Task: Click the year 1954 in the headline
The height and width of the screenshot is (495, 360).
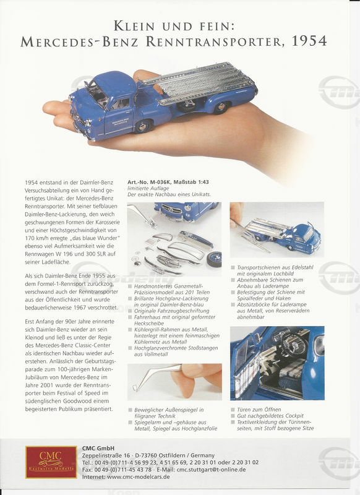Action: tap(309, 41)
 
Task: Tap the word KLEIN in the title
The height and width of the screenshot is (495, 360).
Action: tap(134, 26)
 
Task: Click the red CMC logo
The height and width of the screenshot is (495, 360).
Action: tap(51, 462)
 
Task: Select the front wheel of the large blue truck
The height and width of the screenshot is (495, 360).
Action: tap(143, 126)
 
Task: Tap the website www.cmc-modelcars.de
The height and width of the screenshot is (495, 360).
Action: tap(138, 476)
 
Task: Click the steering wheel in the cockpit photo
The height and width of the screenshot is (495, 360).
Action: tap(293, 345)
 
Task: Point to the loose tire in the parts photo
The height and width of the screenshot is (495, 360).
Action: tap(214, 259)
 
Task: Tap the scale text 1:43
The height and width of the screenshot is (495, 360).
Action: tap(202, 182)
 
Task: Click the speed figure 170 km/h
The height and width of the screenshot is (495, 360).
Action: tap(38, 238)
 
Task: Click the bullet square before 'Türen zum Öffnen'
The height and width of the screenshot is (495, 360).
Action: tap(233, 410)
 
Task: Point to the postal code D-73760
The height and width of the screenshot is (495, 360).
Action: tap(146, 455)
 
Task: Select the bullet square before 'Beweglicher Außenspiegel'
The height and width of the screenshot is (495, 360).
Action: tap(130, 410)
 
